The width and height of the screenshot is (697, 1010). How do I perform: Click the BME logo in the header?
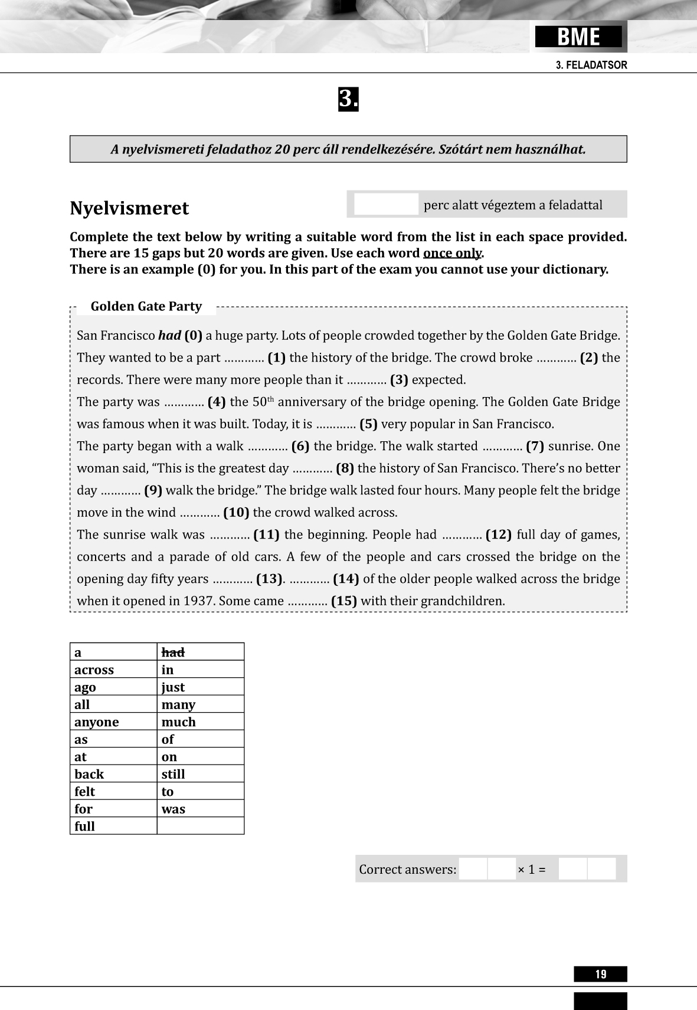click(578, 37)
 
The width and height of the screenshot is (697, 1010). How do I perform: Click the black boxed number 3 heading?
click(348, 99)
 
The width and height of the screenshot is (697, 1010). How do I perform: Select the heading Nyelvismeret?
click(129, 208)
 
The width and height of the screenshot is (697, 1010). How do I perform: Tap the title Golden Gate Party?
click(146, 306)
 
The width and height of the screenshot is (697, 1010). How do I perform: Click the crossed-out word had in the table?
click(173, 652)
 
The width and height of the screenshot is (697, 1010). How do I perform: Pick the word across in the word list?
click(94, 670)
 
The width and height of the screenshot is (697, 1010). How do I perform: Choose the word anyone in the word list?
click(96, 722)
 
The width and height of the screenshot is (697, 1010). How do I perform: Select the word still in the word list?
click(173, 774)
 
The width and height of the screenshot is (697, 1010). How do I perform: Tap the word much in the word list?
click(178, 722)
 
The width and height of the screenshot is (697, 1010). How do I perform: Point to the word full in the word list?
click(84, 827)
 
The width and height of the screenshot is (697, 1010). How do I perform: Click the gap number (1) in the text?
click(276, 358)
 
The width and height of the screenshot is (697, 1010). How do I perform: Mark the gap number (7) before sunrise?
click(535, 446)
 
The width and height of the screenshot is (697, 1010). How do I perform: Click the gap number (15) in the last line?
click(343, 601)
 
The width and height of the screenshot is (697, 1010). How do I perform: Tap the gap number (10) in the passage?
click(236, 513)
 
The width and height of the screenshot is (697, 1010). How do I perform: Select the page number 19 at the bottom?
click(600, 974)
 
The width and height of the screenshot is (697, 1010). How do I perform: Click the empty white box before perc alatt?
click(386, 204)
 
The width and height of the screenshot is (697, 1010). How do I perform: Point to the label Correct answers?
click(407, 870)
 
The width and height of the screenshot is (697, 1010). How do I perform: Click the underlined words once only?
click(452, 253)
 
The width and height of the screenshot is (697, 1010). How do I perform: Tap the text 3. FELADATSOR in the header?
click(591, 65)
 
